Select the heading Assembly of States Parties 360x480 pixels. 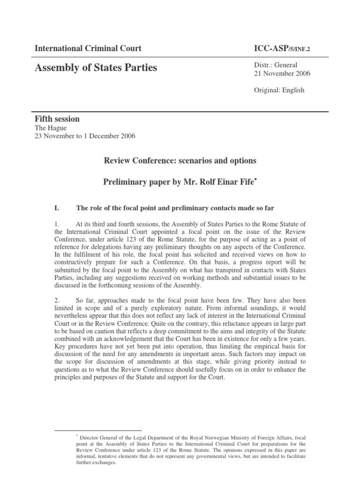tap(96, 68)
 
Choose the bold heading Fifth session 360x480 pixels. tap(57, 119)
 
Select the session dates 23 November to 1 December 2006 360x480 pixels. tap(85, 136)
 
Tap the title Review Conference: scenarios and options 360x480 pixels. tap(180, 161)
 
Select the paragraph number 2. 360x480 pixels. tap(58, 300)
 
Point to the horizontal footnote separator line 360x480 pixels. tap(97, 430)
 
